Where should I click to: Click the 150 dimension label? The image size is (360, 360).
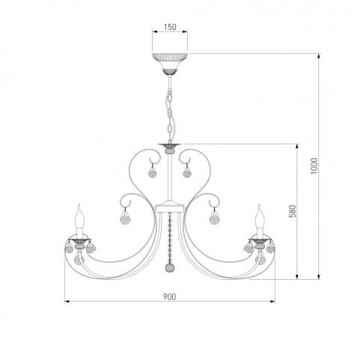pyautogui.click(x=170, y=27)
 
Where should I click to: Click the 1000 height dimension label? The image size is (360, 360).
pyautogui.click(x=314, y=166)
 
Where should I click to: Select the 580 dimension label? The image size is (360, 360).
pyautogui.click(x=293, y=211)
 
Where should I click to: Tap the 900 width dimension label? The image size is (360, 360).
pyautogui.click(x=170, y=297)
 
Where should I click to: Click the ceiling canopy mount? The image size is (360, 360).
pyautogui.click(x=170, y=64)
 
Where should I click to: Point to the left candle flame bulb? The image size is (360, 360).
pyautogui.click(x=79, y=216)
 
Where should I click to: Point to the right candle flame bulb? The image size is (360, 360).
pyautogui.click(x=260, y=216)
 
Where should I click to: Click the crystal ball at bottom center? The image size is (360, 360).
pyautogui.click(x=171, y=268)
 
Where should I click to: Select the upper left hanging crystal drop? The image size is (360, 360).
pyautogui.click(x=152, y=171)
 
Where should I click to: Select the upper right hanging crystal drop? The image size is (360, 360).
pyautogui.click(x=187, y=171)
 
